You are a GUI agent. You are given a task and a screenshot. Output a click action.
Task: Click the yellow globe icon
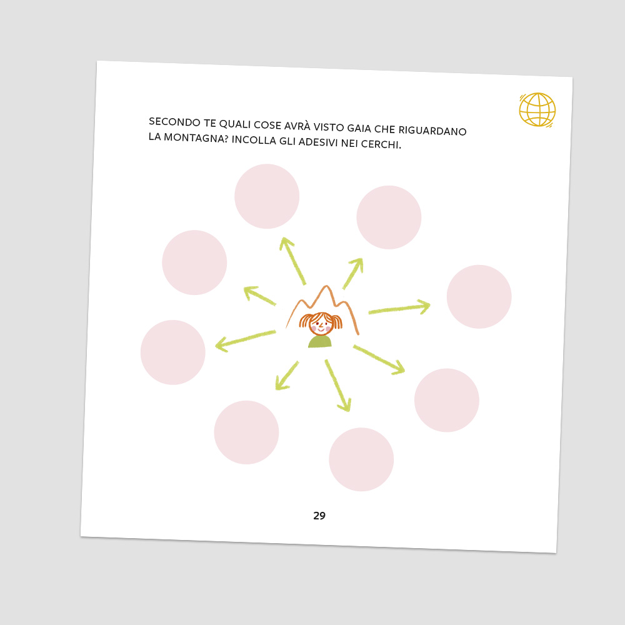(x=537, y=109)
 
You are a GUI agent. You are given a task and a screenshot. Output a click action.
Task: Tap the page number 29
(x=319, y=516)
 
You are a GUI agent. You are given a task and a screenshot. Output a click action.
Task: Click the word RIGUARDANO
(x=432, y=131)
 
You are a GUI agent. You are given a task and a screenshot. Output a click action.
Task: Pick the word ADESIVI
(x=318, y=142)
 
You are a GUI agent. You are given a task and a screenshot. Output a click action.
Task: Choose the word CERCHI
(x=381, y=144)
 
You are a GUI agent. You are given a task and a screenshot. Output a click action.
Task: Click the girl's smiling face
(x=321, y=324)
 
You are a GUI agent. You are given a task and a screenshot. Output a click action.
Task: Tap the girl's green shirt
(x=319, y=342)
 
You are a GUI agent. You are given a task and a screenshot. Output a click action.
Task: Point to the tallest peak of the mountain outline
(x=327, y=286)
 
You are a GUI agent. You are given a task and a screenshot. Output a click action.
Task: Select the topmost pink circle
(x=267, y=196)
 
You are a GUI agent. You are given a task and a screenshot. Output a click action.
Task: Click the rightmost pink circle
(x=479, y=296)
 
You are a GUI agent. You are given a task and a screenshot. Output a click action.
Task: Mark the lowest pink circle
(x=361, y=459)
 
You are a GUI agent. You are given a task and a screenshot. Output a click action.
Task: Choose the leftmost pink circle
(x=172, y=352)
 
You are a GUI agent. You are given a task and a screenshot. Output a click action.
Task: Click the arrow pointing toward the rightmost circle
(x=399, y=307)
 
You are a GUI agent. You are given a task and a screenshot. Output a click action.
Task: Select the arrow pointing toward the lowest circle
(x=338, y=386)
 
